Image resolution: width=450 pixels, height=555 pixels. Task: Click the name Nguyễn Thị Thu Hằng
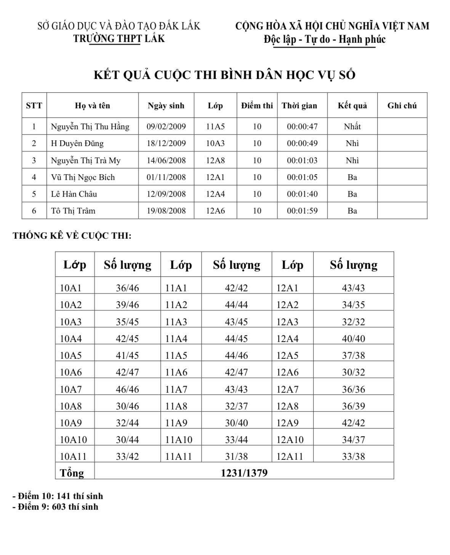pyautogui.click(x=90, y=127)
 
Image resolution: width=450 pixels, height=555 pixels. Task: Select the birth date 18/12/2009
pyautogui.click(x=166, y=143)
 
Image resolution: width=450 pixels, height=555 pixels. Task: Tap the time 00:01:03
pyautogui.click(x=302, y=160)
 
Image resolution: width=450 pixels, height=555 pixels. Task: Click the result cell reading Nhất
pyautogui.click(x=352, y=127)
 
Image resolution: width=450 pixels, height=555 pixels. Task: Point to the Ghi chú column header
pyautogui.click(x=402, y=106)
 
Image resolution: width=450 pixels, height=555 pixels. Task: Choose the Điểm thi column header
pyautogui.click(x=257, y=106)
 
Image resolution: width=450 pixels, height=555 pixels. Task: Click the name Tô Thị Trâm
pyautogui.click(x=73, y=211)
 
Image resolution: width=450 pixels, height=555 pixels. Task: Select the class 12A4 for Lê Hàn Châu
pyautogui.click(x=215, y=194)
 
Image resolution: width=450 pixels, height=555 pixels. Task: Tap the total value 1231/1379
pyautogui.click(x=244, y=473)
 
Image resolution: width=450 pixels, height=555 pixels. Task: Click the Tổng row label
pyautogui.click(x=72, y=473)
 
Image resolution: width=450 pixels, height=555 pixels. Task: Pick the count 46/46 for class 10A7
pyautogui.click(x=127, y=389)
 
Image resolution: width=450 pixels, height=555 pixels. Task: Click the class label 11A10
pyautogui.click(x=179, y=440)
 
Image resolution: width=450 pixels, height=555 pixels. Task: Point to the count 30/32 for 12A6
pyautogui.click(x=353, y=372)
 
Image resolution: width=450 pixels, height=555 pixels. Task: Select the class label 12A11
pyautogui.click(x=290, y=456)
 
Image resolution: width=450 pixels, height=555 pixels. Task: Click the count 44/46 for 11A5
pyautogui.click(x=236, y=356)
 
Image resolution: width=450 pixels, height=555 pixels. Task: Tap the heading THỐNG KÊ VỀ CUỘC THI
pyautogui.click(x=72, y=236)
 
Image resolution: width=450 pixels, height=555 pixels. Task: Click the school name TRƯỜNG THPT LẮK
pyautogui.click(x=119, y=39)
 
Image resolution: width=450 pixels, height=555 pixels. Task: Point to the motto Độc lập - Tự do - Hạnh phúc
pyautogui.click(x=324, y=39)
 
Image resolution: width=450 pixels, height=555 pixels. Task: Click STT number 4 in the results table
pyautogui.click(x=34, y=177)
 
